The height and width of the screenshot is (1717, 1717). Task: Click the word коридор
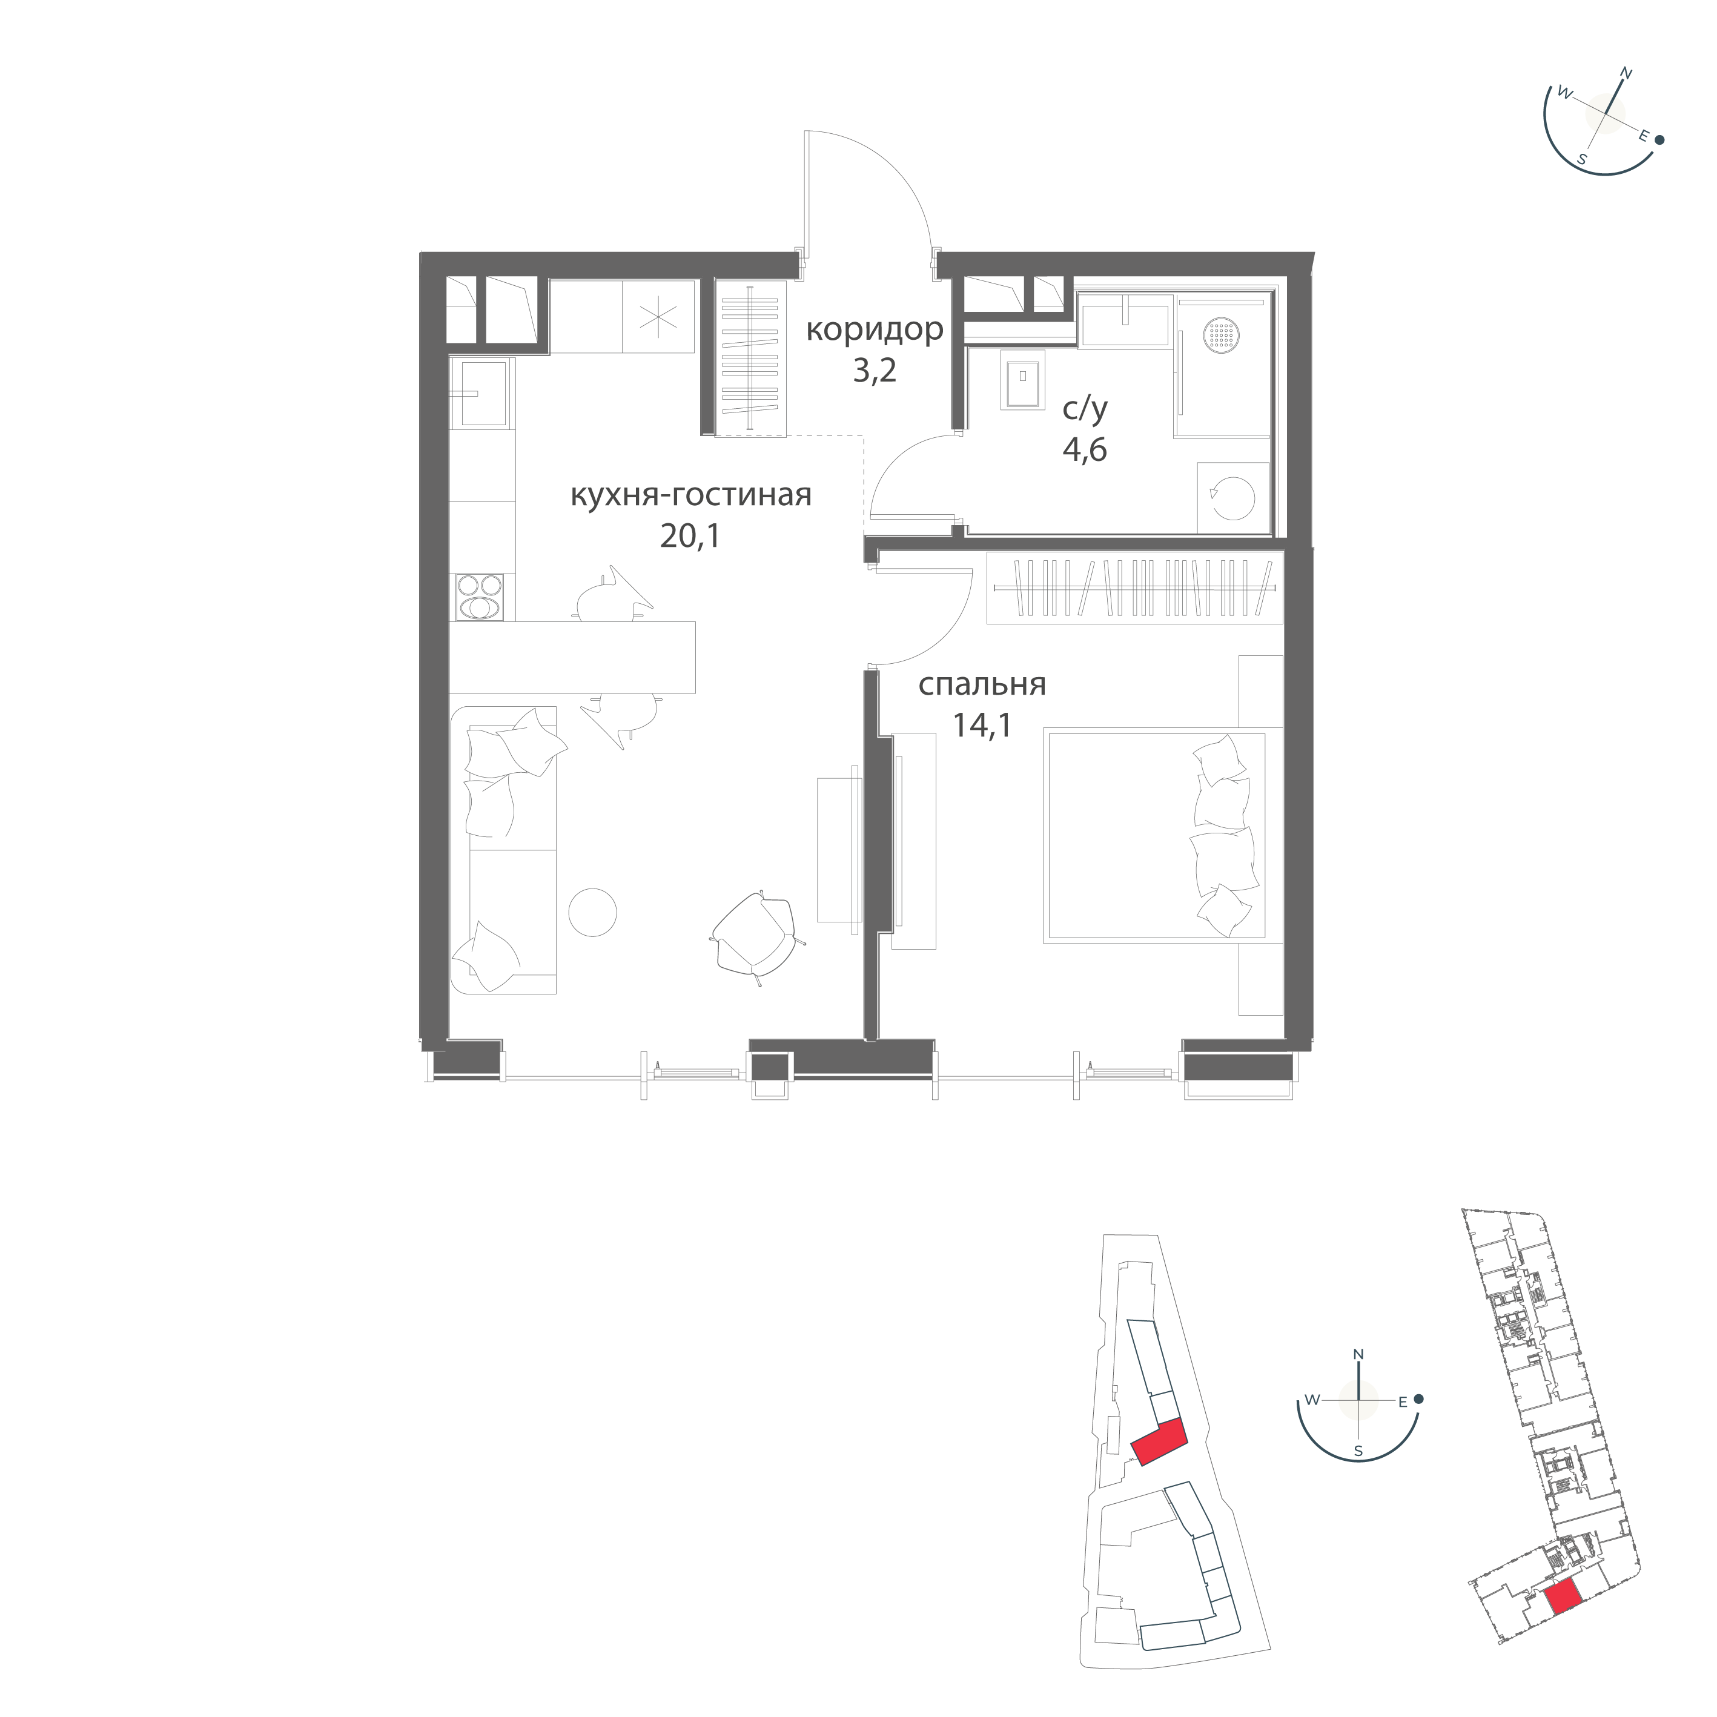tap(875, 331)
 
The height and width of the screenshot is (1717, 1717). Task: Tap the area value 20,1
tap(690, 536)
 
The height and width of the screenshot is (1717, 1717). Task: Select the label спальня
tap(982, 684)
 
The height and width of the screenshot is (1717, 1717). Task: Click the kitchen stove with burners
tap(480, 597)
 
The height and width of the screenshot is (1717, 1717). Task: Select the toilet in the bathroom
tap(1023, 380)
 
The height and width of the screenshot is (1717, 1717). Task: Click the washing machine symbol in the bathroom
tap(1232, 498)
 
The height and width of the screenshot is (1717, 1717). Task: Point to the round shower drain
tap(1221, 336)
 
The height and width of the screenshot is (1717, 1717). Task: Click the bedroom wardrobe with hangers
tap(1135, 587)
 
